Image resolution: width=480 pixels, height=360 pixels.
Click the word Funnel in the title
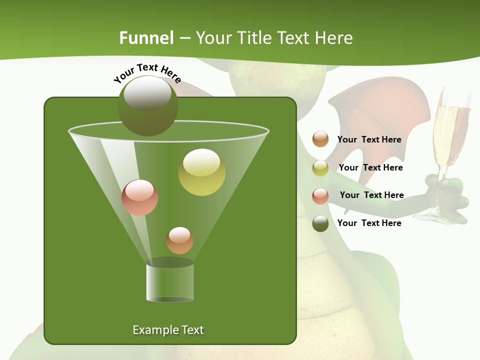146,38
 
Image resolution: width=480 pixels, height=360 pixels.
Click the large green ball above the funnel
147,106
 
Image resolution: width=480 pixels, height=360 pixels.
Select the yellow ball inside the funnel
201,172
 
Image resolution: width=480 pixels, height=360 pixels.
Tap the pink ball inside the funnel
140,197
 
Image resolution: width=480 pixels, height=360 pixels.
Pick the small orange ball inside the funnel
179,240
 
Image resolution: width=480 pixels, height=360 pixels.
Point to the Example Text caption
168,330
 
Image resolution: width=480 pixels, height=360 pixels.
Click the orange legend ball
320,139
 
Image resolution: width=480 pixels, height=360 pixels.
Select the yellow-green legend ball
320,168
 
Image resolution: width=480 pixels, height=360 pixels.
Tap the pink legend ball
320,196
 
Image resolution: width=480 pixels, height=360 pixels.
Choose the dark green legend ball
320,223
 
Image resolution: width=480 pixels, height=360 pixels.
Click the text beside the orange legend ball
369,139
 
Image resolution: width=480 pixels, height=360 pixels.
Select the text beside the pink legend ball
371,195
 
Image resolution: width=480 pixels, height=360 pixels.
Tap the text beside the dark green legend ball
369,223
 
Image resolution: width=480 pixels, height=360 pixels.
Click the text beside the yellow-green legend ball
370,167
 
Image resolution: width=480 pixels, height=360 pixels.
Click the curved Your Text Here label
147,73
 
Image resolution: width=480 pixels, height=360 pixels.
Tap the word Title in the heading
254,38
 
